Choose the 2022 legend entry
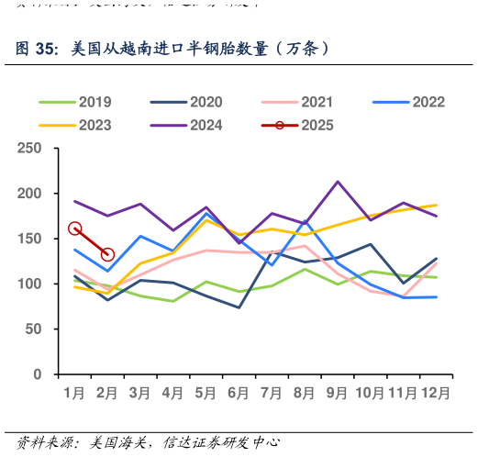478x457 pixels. coord(429,102)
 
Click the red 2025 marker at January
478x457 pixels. coord(75,228)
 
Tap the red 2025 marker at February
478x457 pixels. coord(107,254)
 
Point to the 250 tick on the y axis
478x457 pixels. coord(31,149)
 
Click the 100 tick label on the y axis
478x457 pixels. coord(31,284)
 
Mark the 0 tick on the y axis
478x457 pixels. coord(39,374)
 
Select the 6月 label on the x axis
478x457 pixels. coord(239,393)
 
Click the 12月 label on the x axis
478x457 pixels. coord(436,393)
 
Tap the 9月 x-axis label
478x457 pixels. coord(337,393)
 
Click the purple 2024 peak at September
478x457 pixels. coord(338,182)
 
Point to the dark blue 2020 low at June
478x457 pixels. coord(239,307)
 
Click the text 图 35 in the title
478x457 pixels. coord(37,48)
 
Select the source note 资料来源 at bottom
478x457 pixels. coord(46,442)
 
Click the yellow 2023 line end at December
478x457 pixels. coord(436,205)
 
